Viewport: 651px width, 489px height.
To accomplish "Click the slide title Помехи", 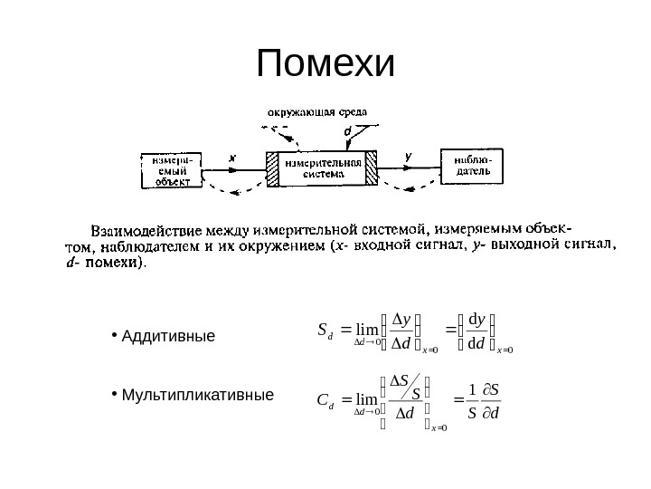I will pos(326,64).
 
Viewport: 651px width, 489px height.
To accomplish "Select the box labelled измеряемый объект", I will pos(172,169).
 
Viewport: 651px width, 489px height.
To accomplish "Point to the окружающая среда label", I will pos(316,112).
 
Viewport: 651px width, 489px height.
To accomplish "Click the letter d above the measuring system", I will pos(348,131).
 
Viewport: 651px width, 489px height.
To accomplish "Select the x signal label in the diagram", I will pos(231,157).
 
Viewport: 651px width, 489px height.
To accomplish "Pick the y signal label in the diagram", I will pos(408,156).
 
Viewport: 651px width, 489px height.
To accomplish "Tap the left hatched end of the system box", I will pos(272,169).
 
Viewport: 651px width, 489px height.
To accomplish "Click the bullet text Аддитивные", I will pos(168,337).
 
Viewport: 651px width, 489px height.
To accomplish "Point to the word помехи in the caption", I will pos(111,264).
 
